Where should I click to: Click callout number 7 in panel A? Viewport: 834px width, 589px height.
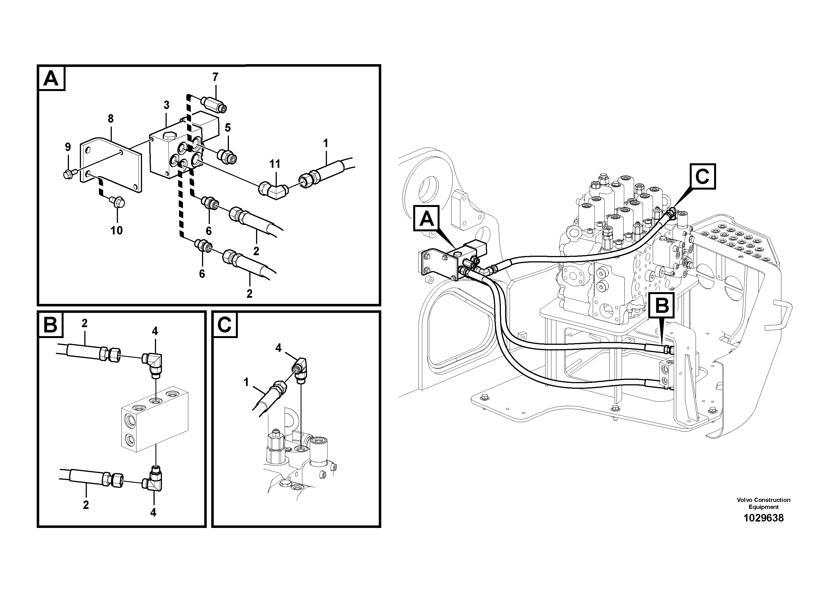click(x=215, y=77)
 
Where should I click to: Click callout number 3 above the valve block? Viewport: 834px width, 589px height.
click(x=166, y=105)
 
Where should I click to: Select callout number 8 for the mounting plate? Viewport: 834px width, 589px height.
click(x=111, y=119)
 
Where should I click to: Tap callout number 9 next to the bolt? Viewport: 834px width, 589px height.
click(x=68, y=147)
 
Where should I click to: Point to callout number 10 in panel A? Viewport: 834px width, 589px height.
click(x=117, y=230)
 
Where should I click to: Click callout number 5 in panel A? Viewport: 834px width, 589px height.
click(x=228, y=127)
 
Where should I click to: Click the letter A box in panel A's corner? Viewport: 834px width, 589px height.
click(x=51, y=78)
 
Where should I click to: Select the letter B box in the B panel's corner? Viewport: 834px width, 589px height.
click(x=50, y=325)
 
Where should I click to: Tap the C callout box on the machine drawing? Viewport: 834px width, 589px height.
click(x=703, y=177)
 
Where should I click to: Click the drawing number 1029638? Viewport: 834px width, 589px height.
click(x=763, y=518)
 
